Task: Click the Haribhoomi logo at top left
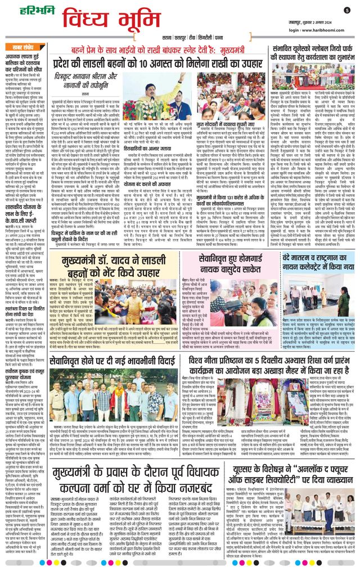point(22,10)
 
